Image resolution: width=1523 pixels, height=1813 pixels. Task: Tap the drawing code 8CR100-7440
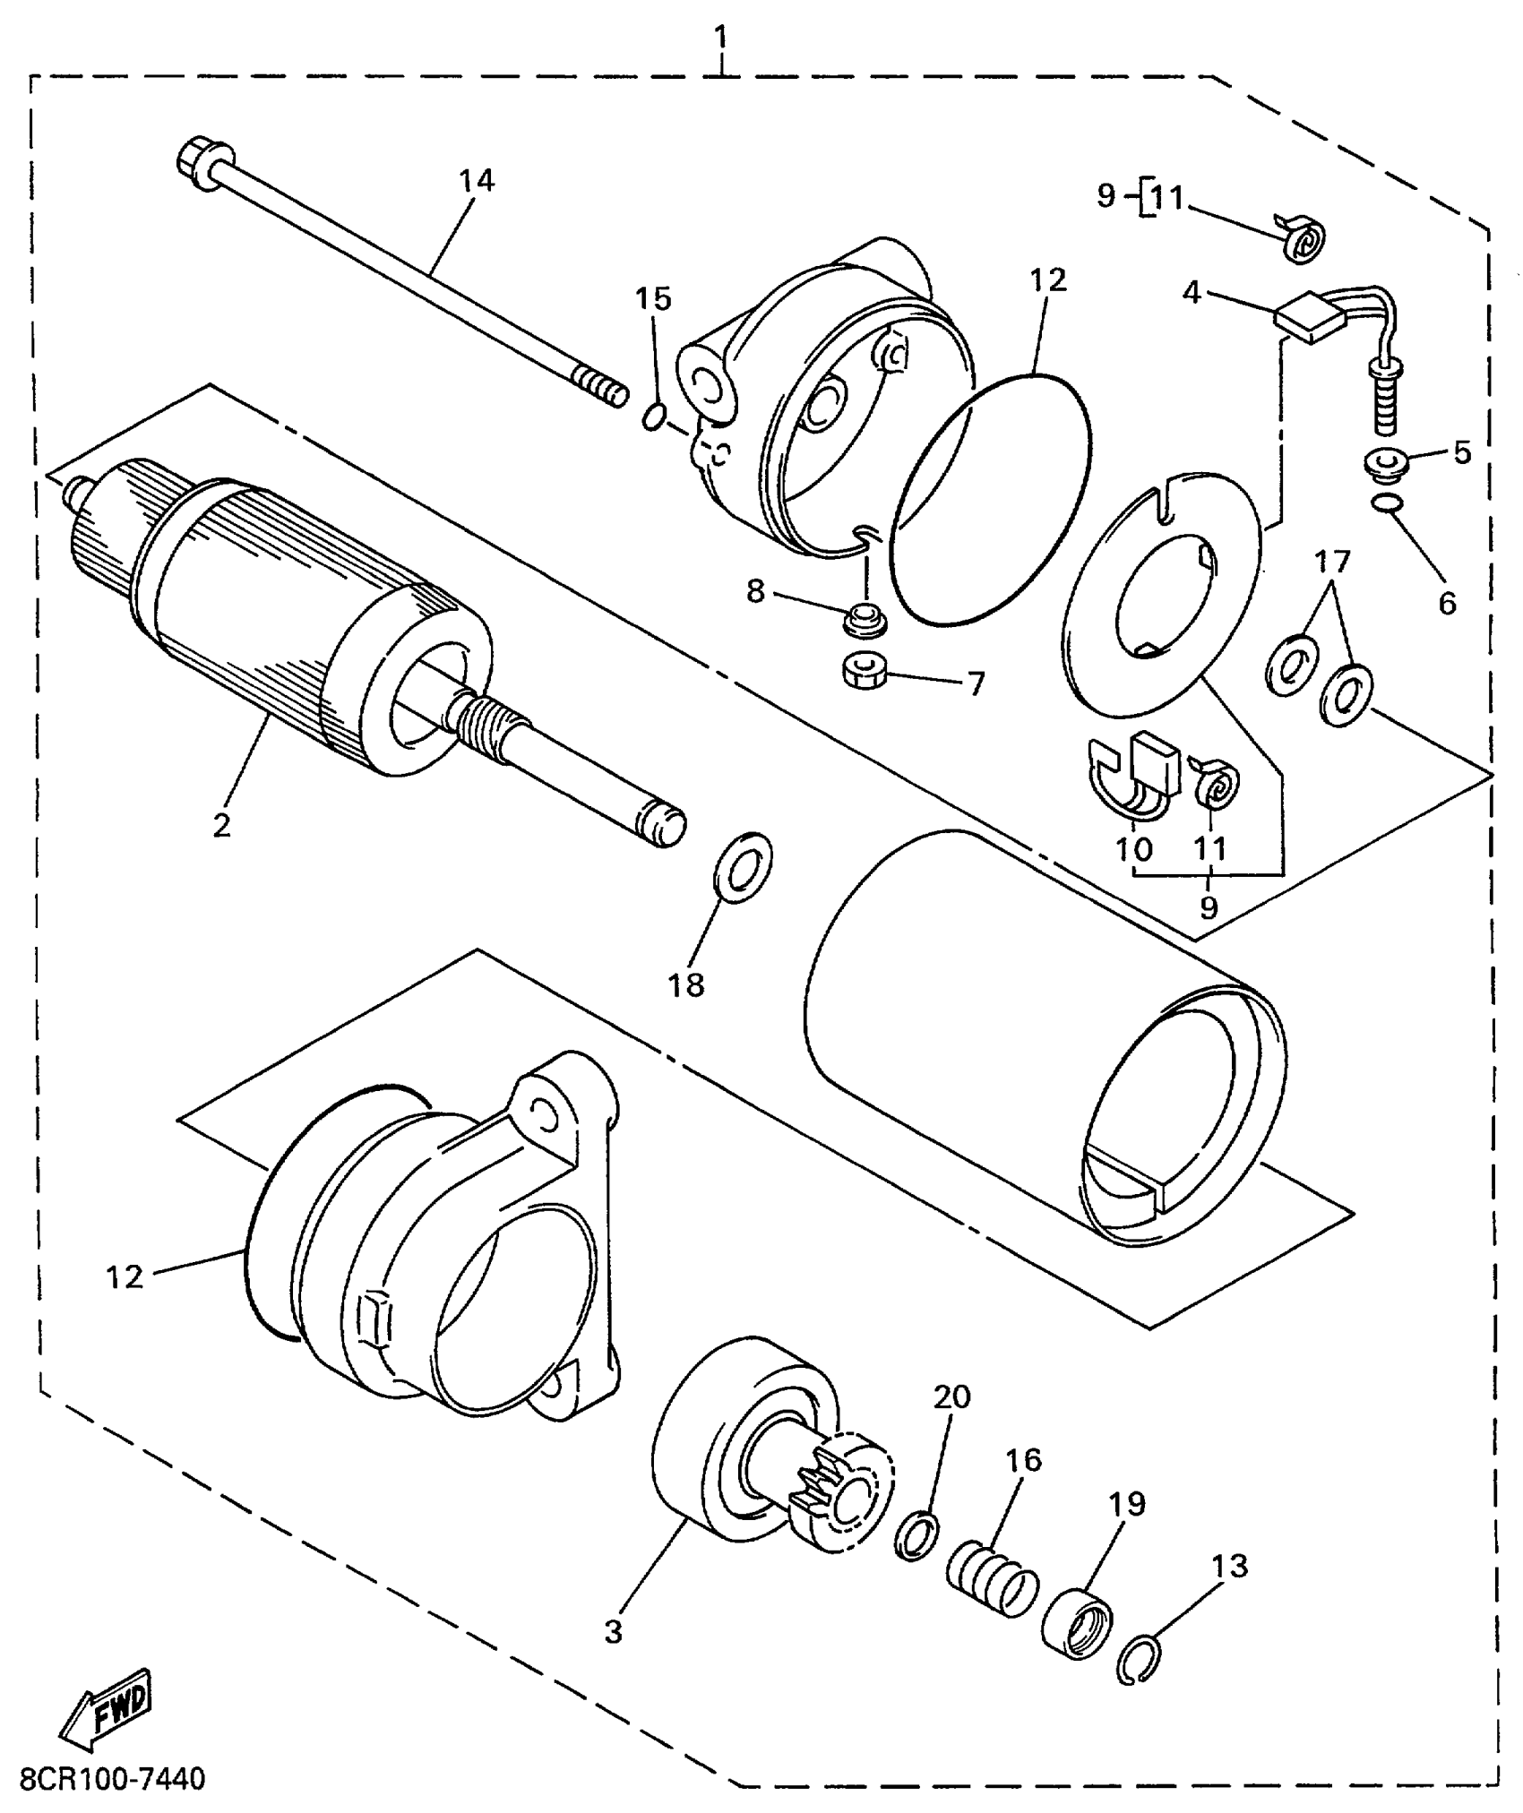pos(113,1778)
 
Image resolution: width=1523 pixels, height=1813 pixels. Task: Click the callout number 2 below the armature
pos(221,825)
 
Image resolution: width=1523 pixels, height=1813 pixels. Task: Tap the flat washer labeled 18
pos(744,867)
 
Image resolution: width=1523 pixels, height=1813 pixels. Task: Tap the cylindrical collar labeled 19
pos(1077,1623)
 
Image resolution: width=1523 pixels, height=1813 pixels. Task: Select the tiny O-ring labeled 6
pos(1385,506)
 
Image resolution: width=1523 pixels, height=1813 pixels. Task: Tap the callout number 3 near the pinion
pos(613,1632)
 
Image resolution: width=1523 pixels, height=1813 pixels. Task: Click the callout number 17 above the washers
pos(1332,563)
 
